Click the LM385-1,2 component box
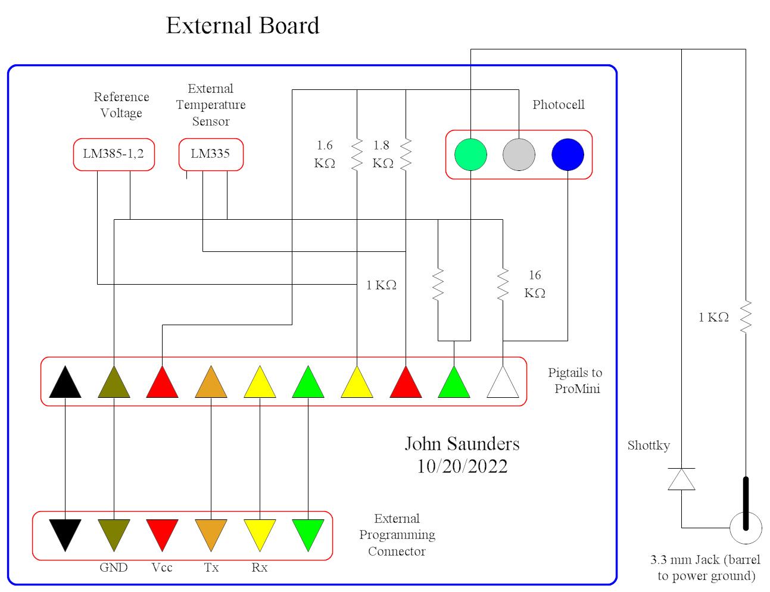point(114,154)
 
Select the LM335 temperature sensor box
point(211,154)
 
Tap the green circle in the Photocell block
point(470,154)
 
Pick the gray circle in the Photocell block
point(519,154)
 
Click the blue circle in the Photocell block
point(568,154)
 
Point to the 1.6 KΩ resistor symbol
point(357,155)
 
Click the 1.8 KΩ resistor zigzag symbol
point(406,155)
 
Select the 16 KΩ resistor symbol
point(503,284)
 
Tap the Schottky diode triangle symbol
point(681,479)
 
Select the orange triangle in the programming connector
point(211,534)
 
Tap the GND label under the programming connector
point(113,568)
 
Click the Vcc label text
point(162,568)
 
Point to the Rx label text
point(259,568)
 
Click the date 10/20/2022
point(462,466)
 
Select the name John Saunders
point(462,444)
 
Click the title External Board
point(242,26)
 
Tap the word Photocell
point(558,105)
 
